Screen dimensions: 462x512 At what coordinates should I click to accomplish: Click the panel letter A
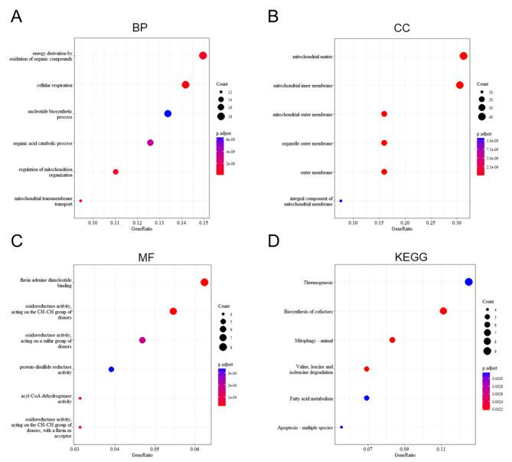point(15,16)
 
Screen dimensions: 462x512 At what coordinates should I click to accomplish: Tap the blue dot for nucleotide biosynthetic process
point(168,113)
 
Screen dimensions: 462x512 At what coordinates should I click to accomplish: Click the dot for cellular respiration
point(185,84)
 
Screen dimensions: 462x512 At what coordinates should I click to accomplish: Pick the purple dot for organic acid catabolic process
point(150,143)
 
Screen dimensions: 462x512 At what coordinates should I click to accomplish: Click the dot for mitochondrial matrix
point(463,56)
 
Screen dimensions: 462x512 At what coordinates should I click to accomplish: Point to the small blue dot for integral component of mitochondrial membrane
point(341,201)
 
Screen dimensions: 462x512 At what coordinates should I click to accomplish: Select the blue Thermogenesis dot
point(468,282)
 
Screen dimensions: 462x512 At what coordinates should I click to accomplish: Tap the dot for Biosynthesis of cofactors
point(443,310)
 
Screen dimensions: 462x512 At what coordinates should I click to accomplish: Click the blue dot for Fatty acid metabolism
point(367,398)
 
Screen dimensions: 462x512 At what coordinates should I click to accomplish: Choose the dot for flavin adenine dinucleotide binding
point(204,282)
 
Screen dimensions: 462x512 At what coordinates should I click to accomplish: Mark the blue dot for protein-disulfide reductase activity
point(112,369)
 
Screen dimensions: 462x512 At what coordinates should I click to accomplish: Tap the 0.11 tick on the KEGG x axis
point(442,448)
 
